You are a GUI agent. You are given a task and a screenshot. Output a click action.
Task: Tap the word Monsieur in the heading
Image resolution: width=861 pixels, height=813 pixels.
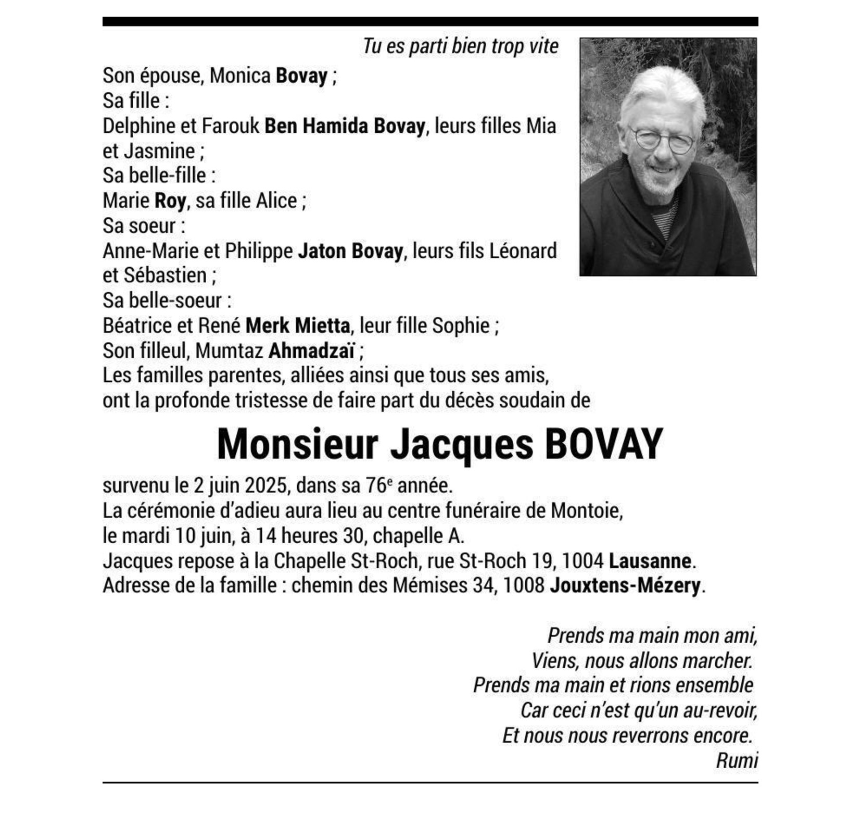[297, 444]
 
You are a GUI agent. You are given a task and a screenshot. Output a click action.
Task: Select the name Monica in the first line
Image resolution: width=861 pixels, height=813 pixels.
[239, 76]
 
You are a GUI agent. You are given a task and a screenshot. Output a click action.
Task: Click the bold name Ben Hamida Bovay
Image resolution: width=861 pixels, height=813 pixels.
[345, 126]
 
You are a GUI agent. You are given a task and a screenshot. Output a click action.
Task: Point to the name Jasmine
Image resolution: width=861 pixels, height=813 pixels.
[159, 151]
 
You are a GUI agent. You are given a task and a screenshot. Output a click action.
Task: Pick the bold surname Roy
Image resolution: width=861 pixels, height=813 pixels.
[170, 201]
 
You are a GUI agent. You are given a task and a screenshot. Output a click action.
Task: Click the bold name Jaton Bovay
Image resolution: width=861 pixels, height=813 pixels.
[350, 251]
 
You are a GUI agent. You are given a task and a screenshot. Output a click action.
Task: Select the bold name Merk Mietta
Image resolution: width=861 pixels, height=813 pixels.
[297, 326]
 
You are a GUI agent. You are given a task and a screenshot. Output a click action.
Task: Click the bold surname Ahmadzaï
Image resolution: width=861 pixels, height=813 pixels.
[311, 351]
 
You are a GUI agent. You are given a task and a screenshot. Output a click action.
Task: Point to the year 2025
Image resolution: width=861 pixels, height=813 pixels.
[265, 485]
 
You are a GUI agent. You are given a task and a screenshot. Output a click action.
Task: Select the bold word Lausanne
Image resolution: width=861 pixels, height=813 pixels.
[650, 561]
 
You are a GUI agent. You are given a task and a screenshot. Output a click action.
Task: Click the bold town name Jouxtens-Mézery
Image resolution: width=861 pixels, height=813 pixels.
[625, 586]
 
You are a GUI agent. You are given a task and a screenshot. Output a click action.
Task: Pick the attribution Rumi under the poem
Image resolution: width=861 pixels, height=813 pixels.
[736, 760]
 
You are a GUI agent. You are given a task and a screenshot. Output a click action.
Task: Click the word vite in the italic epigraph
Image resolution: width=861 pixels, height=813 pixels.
[543, 46]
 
